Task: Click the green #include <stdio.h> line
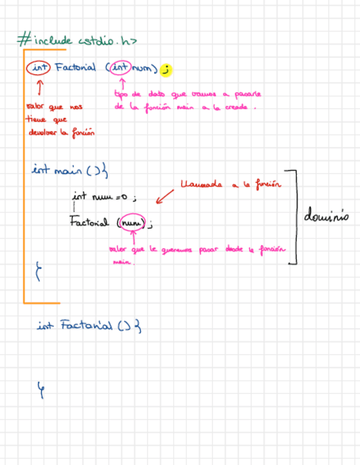[77, 40]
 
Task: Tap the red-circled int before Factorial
[38, 68]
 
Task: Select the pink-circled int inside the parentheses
[120, 68]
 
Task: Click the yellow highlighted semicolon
[166, 70]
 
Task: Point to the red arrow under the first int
[40, 87]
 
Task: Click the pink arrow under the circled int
[122, 83]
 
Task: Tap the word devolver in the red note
[43, 132]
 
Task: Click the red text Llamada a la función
[230, 185]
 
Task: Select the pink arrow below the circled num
[133, 239]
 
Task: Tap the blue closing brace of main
[38, 271]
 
